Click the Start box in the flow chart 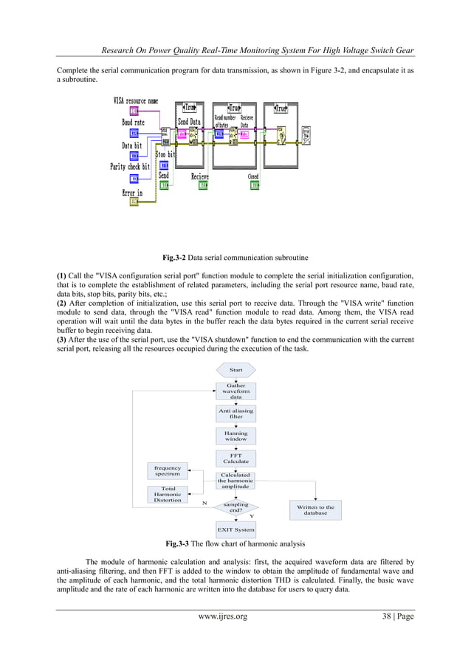point(235,369)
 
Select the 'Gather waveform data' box point(235,391)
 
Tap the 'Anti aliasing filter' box point(235,413)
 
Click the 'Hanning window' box point(235,435)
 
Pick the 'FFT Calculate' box point(235,458)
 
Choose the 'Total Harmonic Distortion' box point(168,495)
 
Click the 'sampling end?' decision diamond point(235,507)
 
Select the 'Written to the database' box point(315,509)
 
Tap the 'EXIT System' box point(235,529)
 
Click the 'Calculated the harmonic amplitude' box point(235,481)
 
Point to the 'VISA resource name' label point(135,100)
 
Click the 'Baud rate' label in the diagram point(133,122)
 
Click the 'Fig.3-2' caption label point(176,258)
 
